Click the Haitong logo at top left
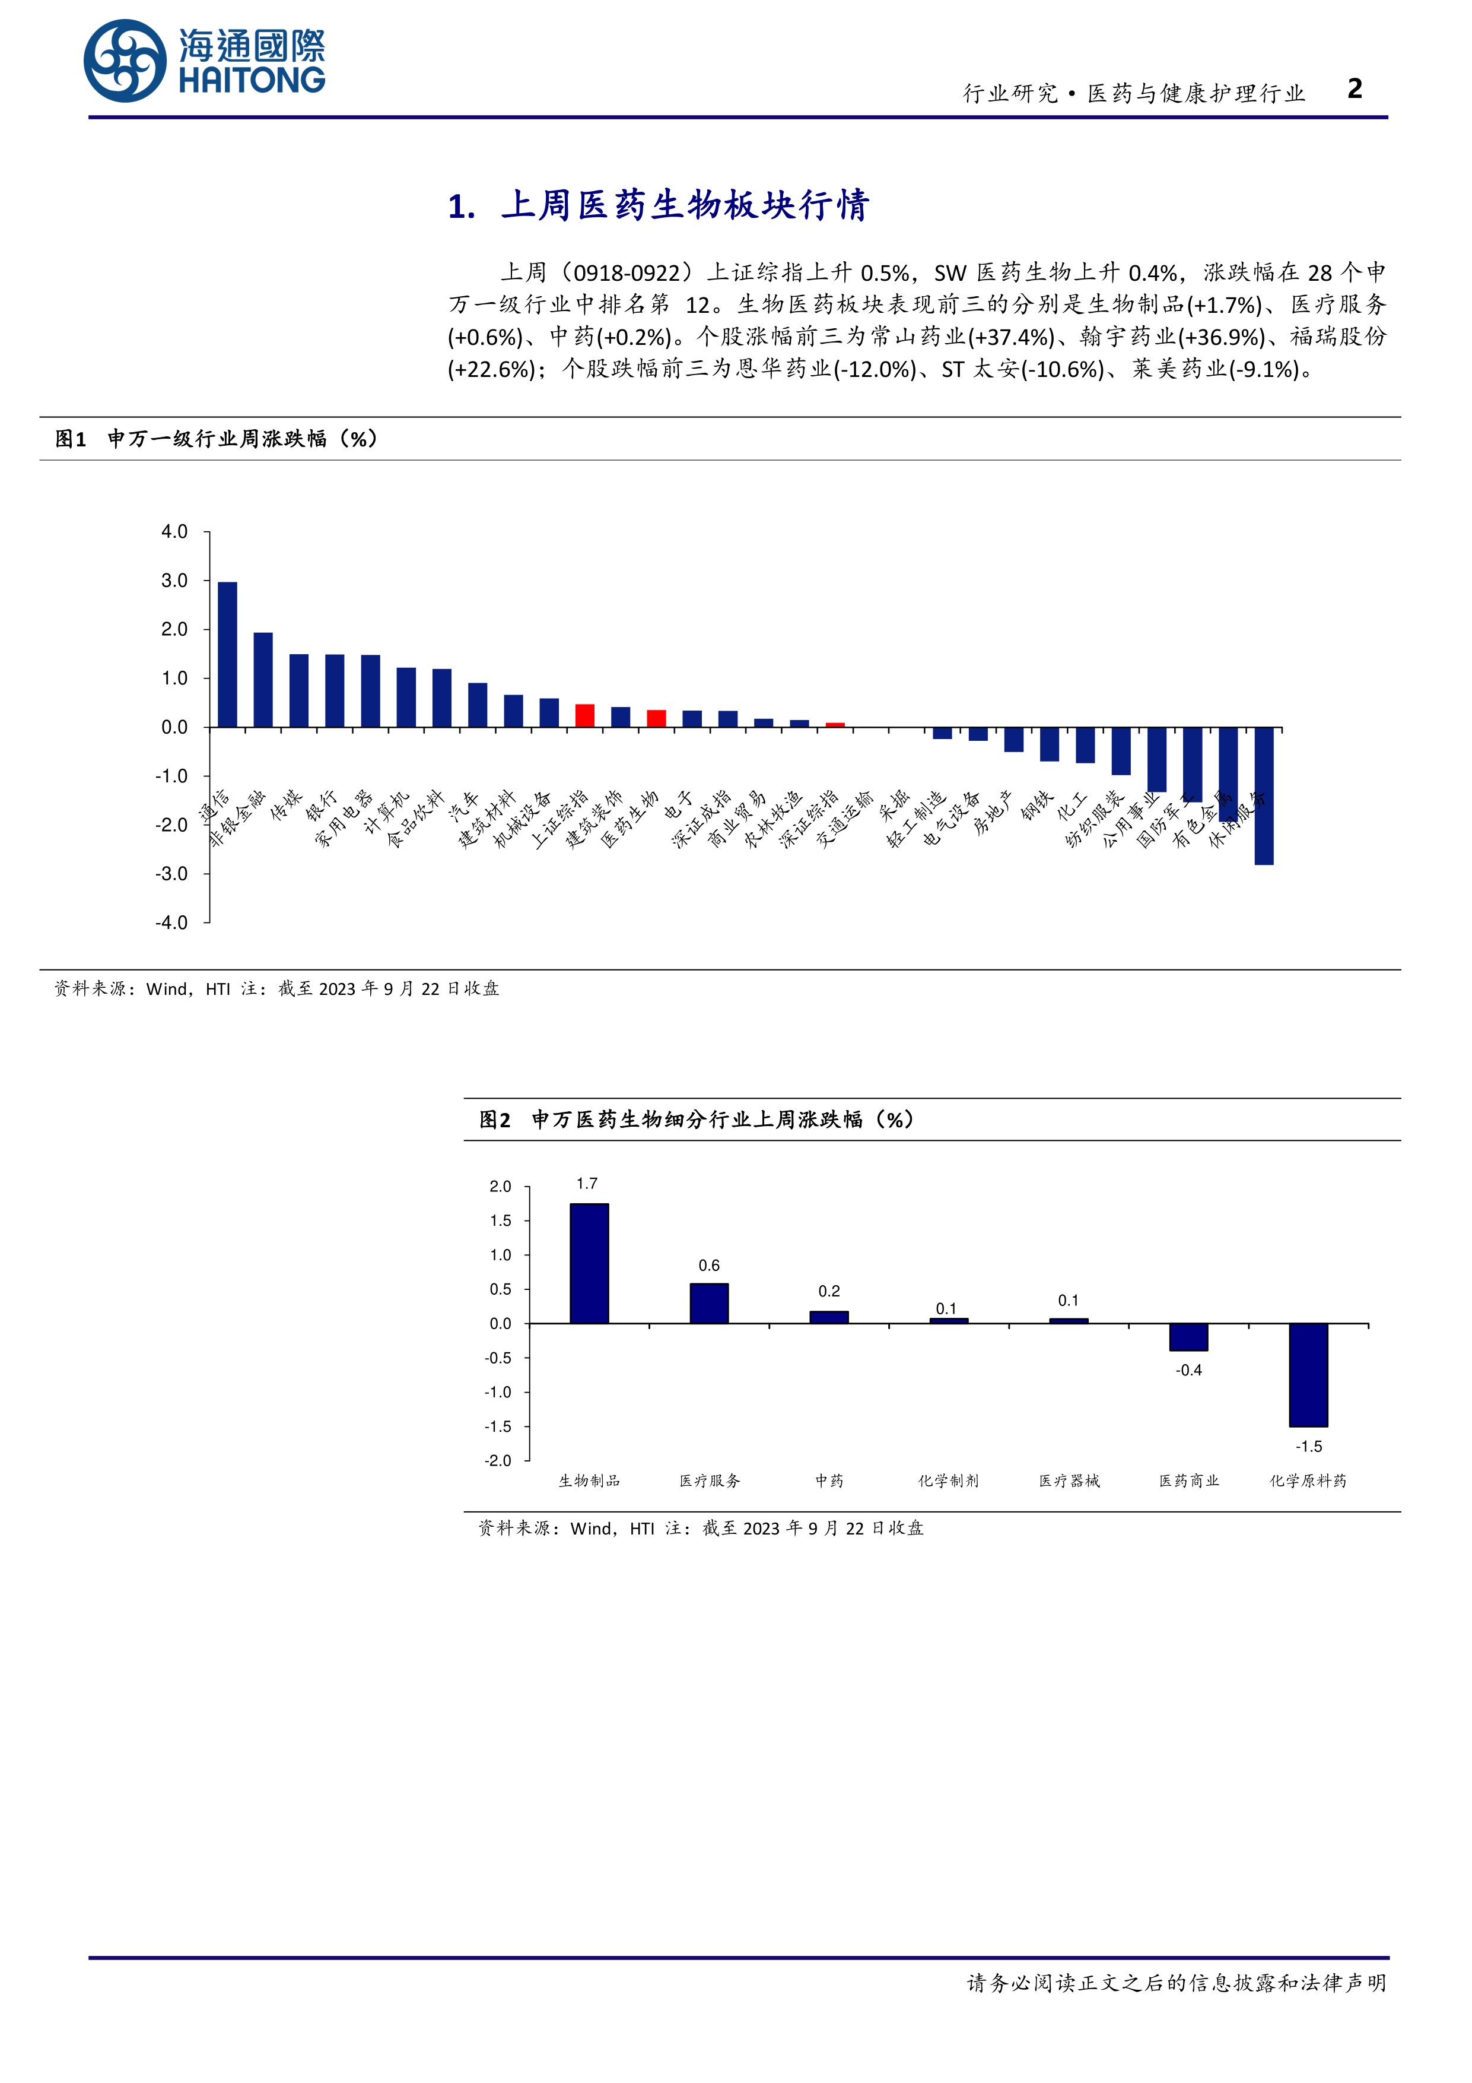click(x=204, y=61)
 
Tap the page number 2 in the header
click(x=1354, y=89)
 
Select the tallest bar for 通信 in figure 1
click(x=228, y=654)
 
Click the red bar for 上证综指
click(x=585, y=716)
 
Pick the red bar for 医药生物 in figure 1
click(x=657, y=718)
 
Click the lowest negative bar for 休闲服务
click(x=1263, y=795)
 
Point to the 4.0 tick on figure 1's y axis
click(x=174, y=532)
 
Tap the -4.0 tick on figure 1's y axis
click(x=171, y=922)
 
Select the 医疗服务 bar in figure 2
click(x=709, y=1303)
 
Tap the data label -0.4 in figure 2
click(x=1188, y=1370)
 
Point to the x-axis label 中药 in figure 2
click(x=829, y=1480)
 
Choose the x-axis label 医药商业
click(x=1189, y=1480)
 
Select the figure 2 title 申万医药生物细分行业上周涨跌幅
click(x=697, y=1120)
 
